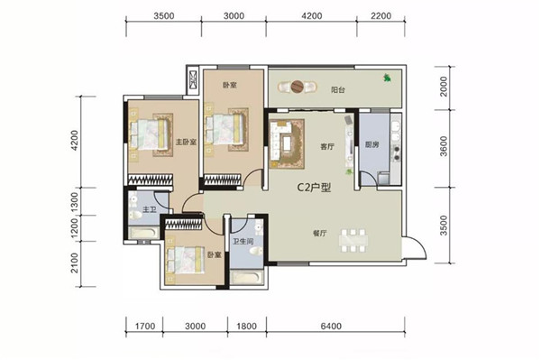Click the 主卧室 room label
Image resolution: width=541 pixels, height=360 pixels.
click(x=186, y=142)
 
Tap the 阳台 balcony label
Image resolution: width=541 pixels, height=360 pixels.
click(x=338, y=90)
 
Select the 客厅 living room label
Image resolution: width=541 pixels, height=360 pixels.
click(x=327, y=147)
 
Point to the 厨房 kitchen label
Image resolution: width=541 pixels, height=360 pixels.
click(x=371, y=144)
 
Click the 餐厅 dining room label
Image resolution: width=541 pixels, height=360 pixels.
click(x=319, y=234)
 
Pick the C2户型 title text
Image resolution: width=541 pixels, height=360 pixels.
click(x=314, y=188)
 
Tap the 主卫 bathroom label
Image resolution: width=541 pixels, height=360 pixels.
click(x=149, y=209)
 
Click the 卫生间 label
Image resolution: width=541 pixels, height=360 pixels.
click(x=243, y=241)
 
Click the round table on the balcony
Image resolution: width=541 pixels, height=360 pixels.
click(x=297, y=87)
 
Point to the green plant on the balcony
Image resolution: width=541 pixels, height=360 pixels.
click(x=387, y=78)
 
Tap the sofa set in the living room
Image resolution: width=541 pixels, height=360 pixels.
click(x=287, y=143)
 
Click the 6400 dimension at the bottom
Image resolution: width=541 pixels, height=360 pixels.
click(x=331, y=326)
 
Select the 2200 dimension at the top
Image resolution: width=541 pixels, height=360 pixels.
click(x=381, y=16)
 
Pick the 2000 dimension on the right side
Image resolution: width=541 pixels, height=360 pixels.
click(x=444, y=87)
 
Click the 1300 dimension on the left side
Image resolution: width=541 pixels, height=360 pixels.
click(x=74, y=201)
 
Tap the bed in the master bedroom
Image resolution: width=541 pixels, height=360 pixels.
click(x=151, y=134)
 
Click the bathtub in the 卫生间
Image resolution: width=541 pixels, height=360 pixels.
click(x=247, y=278)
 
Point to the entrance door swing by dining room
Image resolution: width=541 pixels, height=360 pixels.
click(x=415, y=248)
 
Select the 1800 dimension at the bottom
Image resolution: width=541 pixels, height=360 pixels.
click(x=247, y=326)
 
